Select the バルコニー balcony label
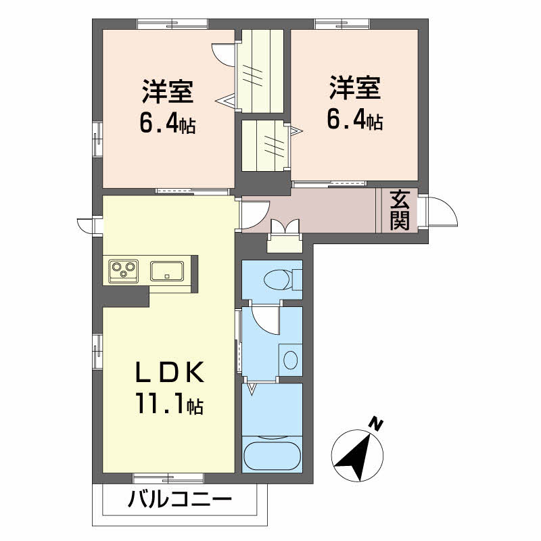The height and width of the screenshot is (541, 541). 179,501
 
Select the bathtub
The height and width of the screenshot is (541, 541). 271,456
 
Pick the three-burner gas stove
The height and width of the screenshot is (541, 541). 122,270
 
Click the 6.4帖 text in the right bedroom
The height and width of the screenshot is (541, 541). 355,120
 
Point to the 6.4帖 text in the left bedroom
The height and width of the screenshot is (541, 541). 167,123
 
